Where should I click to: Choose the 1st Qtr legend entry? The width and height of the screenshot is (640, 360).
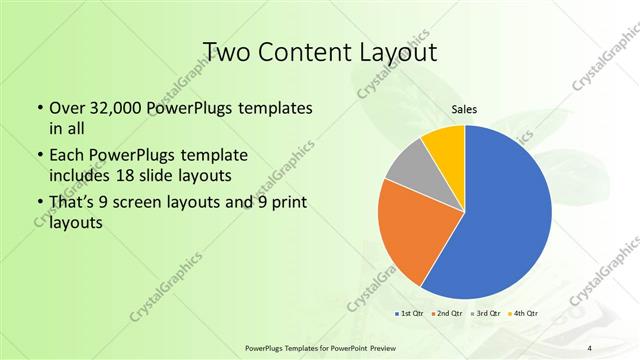coord(410,314)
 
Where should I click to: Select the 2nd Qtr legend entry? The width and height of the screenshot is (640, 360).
coord(447,314)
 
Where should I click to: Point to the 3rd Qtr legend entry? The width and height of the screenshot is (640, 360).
coord(485,314)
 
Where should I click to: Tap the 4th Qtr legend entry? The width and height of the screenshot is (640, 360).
coord(523,314)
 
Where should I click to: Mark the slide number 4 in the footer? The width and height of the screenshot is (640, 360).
coord(590,347)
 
